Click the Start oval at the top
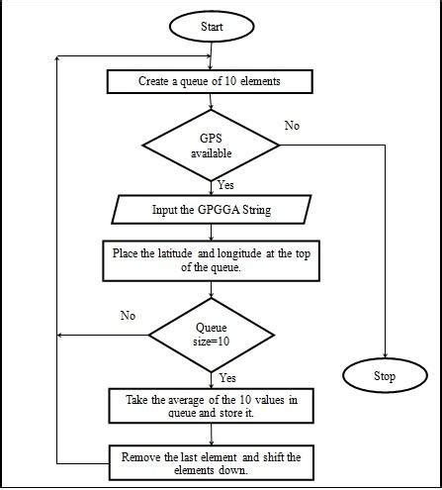[212, 26]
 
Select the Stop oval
[384, 375]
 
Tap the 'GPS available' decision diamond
[213, 147]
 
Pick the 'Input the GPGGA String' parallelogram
[213, 211]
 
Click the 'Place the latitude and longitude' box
[212, 259]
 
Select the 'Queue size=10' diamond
[212, 335]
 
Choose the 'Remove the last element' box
[212, 463]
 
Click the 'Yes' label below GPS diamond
[226, 185]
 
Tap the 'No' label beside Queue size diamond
[128, 318]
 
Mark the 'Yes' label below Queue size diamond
[227, 377]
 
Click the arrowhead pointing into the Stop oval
[384, 354]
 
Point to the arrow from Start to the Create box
[212, 55]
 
